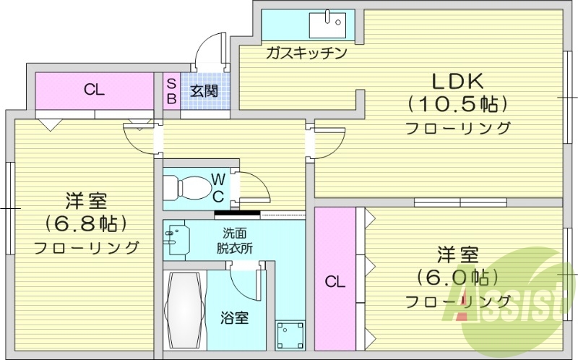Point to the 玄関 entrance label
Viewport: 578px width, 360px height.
204,91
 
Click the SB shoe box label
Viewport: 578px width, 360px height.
172,91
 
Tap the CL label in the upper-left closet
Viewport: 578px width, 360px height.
95,90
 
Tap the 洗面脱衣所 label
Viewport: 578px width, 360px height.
233,240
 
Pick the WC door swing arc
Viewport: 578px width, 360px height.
257,186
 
